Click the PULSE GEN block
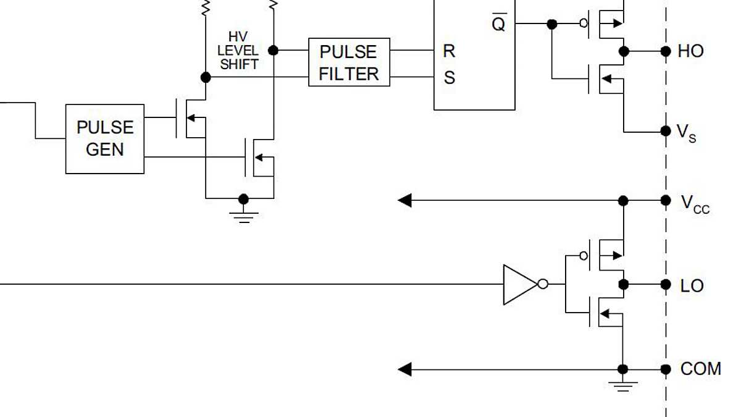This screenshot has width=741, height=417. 105,138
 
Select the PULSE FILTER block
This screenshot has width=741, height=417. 349,62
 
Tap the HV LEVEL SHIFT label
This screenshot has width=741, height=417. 238,51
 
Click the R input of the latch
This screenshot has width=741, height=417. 449,51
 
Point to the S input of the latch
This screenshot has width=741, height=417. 449,78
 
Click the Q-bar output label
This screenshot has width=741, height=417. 498,23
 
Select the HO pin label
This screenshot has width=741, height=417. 690,51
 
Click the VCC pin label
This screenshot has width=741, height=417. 695,203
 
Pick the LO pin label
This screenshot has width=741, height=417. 692,286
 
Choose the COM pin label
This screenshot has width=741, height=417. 700,369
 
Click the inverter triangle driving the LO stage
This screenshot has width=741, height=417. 519,284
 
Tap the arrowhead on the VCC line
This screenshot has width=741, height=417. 405,200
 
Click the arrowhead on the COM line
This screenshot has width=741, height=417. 405,369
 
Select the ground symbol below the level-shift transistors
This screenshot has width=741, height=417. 244,215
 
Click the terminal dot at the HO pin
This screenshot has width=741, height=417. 666,51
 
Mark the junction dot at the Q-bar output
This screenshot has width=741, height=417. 552,24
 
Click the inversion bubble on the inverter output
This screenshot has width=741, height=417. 542,284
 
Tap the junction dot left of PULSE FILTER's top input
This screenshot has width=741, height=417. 274,50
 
